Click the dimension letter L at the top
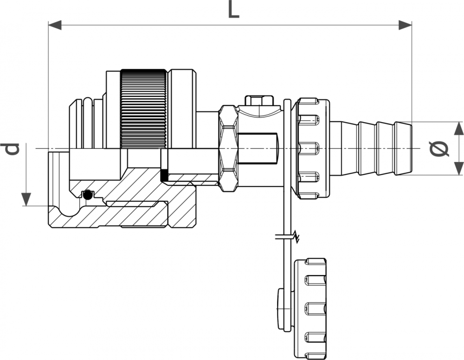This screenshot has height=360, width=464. tap(233, 10)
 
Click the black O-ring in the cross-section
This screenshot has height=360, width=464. tap(86, 195)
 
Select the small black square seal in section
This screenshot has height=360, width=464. tap(164, 176)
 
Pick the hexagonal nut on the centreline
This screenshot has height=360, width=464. tap(228, 148)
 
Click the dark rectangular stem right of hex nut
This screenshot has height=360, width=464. tap(258, 148)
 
